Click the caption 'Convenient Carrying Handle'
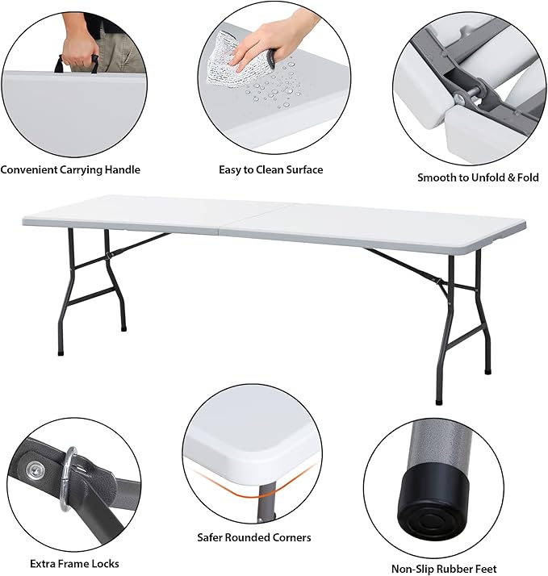click(70, 169)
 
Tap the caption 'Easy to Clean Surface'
click(271, 169)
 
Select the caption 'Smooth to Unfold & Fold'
click(478, 177)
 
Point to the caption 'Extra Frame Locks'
click(74, 564)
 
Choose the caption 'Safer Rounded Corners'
click(254, 537)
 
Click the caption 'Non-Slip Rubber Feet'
click(444, 569)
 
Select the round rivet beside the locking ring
click(34, 470)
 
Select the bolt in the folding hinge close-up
click(463, 95)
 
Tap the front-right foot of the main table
click(438, 402)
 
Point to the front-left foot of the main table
click(61, 353)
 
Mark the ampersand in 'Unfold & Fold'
click(511, 177)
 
